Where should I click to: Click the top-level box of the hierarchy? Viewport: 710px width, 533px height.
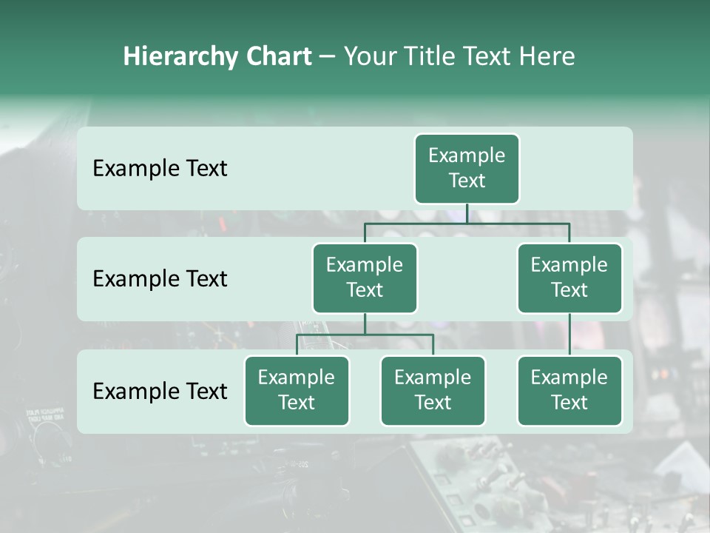click(x=467, y=168)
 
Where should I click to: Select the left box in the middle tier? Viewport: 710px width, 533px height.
click(x=365, y=278)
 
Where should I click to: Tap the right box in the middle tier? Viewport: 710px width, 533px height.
click(x=569, y=278)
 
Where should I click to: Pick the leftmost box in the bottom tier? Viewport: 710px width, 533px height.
click(x=297, y=390)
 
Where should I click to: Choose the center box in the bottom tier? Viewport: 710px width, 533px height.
click(x=433, y=390)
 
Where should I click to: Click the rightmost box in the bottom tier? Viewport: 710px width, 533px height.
click(x=569, y=390)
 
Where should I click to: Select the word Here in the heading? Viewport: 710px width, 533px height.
click(x=547, y=57)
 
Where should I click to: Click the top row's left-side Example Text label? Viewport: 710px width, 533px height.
click(x=160, y=169)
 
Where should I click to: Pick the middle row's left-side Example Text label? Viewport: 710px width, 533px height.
click(x=160, y=279)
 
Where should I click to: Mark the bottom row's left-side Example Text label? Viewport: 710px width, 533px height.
click(x=160, y=391)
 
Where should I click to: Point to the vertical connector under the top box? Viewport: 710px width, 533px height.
click(x=467, y=213)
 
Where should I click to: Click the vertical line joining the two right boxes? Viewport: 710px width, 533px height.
click(x=569, y=334)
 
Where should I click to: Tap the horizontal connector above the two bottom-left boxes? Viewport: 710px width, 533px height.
click(x=365, y=335)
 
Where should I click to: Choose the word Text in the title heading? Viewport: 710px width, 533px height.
click(x=487, y=57)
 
